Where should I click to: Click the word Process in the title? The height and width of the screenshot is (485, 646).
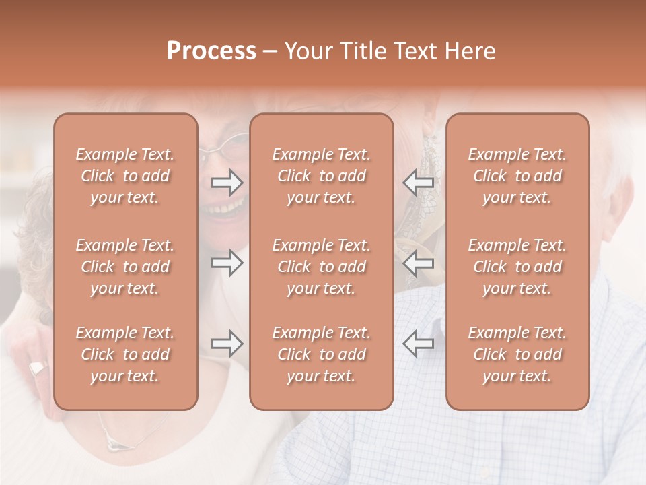click(211, 51)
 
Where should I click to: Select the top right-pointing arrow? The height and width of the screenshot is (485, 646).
click(227, 183)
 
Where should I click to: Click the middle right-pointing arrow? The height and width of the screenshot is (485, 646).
click(227, 263)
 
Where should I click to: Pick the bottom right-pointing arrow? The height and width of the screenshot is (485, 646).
click(227, 344)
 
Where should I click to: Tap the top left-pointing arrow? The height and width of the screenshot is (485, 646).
click(418, 183)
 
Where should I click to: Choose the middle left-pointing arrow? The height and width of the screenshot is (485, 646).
click(418, 263)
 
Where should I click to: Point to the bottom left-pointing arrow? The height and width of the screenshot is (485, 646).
click(418, 344)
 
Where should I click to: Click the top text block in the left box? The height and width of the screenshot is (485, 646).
click(125, 176)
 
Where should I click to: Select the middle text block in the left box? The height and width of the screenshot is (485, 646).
click(125, 267)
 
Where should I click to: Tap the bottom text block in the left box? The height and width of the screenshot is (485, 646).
click(125, 354)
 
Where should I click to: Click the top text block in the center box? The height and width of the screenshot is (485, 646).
click(321, 176)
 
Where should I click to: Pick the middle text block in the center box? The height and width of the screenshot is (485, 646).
click(321, 267)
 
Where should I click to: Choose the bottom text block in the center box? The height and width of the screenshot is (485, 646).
click(321, 354)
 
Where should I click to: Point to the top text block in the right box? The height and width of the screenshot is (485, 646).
click(517, 176)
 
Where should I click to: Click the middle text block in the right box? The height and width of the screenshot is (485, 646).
click(517, 267)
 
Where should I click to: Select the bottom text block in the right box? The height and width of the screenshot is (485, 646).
click(517, 354)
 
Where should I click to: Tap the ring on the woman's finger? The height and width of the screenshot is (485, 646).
click(37, 368)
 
